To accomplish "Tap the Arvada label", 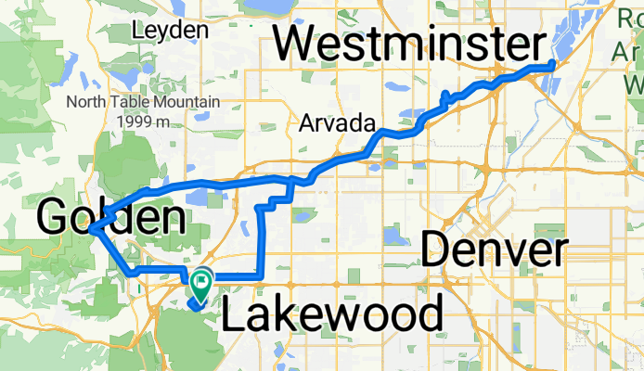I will (x=337, y=123).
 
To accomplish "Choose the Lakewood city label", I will (x=332, y=315).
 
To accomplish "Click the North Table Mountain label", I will (x=143, y=101).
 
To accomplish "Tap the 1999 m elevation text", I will (x=143, y=121).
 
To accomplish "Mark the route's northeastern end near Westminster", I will (x=552, y=64).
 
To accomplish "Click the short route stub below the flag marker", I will (x=195, y=301).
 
